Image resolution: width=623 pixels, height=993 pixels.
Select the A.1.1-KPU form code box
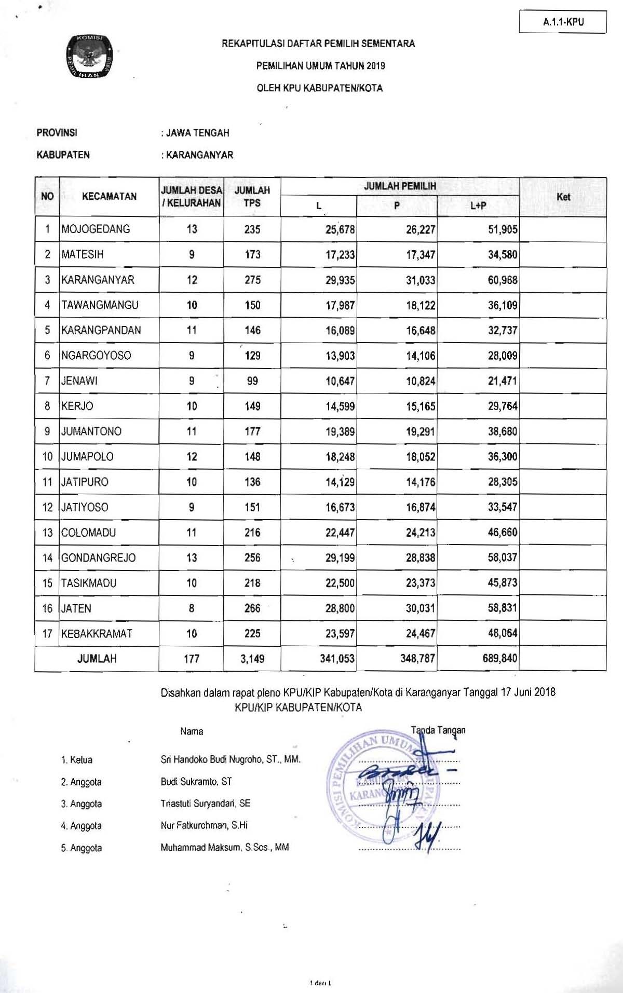[563, 22]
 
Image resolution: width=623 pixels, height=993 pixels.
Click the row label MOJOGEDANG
[96, 229]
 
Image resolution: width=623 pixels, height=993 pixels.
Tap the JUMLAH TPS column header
[252, 197]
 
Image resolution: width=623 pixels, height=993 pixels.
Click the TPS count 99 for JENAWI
[252, 381]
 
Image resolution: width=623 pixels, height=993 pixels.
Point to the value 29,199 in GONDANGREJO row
[340, 558]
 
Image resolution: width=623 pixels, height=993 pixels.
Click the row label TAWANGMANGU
[100, 305]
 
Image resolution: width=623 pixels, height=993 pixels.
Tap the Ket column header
[563, 197]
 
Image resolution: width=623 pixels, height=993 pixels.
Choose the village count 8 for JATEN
[192, 608]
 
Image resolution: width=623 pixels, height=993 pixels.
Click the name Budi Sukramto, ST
[196, 782]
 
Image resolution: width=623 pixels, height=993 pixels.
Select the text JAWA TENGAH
[198, 133]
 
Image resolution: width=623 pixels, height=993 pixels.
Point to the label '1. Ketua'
[77, 760]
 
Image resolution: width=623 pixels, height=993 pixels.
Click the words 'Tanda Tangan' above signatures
[438, 730]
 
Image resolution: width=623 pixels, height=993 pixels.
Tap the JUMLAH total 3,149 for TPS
[252, 659]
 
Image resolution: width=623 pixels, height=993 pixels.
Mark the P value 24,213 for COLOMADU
[421, 533]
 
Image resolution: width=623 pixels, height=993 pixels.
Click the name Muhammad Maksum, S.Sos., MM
[225, 848]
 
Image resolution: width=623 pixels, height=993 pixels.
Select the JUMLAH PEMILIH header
[400, 186]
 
